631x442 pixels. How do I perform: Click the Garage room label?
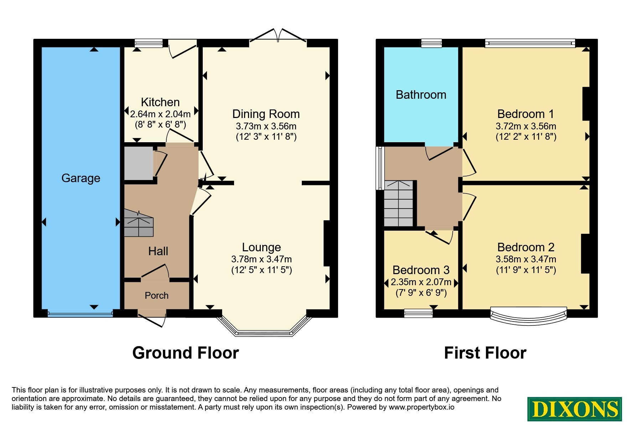81,178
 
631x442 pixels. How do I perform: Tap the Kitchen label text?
160,102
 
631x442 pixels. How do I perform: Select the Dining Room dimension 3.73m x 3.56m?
266,126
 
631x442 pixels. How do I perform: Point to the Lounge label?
262,247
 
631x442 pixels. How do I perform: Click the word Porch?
156,295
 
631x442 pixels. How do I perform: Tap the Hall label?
158,251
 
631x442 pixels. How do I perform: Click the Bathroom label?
421,95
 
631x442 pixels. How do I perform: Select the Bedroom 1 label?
526,114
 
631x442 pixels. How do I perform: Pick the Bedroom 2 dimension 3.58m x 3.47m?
526,259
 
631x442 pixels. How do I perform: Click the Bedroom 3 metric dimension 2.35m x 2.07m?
421,282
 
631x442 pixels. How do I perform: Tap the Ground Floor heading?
186,353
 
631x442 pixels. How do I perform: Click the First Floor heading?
485,353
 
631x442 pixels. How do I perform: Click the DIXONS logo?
575,409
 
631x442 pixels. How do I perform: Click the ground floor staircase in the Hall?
139,223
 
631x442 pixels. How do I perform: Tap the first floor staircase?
399,204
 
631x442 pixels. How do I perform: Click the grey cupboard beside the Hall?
139,164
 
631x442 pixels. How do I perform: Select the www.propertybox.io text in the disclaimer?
421,407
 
